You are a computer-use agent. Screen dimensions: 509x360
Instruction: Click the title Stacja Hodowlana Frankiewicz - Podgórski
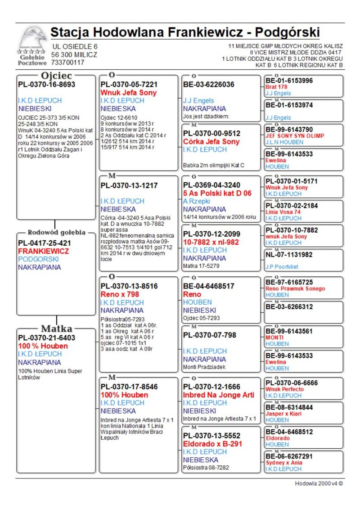point(185,33)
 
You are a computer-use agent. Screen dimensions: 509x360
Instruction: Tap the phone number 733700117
point(68,63)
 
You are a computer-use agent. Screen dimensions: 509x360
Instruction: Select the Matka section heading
point(57,328)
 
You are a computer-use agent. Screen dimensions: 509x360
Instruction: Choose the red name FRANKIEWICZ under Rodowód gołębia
point(43,251)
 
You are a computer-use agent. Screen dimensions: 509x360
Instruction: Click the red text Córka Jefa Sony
point(211,142)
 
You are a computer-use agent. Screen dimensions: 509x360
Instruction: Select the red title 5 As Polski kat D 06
point(217,193)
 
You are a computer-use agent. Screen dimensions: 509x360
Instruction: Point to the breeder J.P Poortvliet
point(282,267)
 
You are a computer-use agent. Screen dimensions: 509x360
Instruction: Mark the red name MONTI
point(274,337)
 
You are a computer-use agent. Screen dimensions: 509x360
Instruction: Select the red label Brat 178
point(276,87)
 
